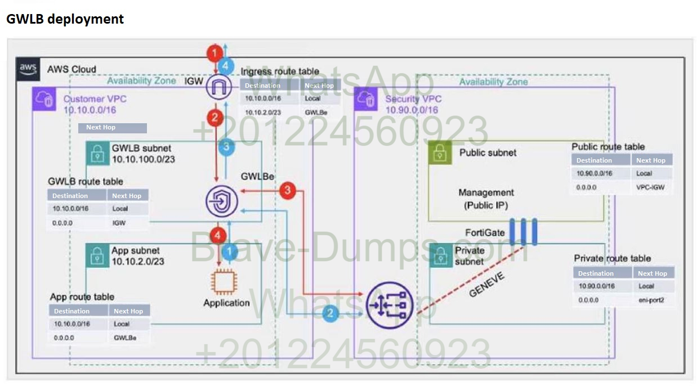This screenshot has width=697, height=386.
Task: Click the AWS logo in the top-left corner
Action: pyautogui.click(x=28, y=69)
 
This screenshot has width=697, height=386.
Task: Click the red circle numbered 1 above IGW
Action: pyautogui.click(x=214, y=54)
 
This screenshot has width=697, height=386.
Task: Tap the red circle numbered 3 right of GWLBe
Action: pyautogui.click(x=288, y=190)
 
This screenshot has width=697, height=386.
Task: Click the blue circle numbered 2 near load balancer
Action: pyautogui.click(x=330, y=313)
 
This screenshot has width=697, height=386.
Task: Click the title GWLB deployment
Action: pyautogui.click(x=65, y=19)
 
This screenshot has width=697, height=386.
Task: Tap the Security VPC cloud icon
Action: pyautogui.click(x=367, y=100)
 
